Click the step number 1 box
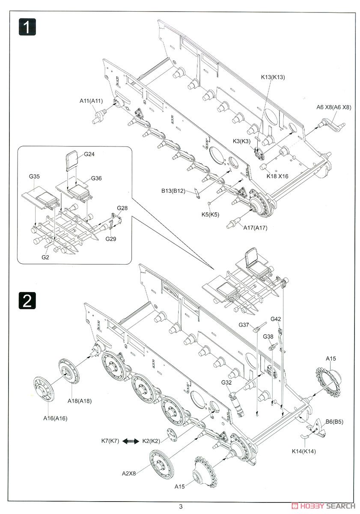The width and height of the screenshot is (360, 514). point(27,28)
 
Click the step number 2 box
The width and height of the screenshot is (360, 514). point(27,301)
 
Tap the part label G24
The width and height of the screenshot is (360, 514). point(89,154)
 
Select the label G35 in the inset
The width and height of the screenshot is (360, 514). point(35,176)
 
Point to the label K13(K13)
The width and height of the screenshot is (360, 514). point(273,77)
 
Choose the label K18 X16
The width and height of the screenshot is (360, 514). point(277,176)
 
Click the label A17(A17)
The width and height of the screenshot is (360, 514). point(255,228)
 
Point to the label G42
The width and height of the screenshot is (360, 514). point(276,319)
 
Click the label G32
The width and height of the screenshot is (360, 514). point(227,383)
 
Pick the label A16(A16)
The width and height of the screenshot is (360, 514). point(56,418)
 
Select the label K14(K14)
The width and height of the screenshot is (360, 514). point(303,451)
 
